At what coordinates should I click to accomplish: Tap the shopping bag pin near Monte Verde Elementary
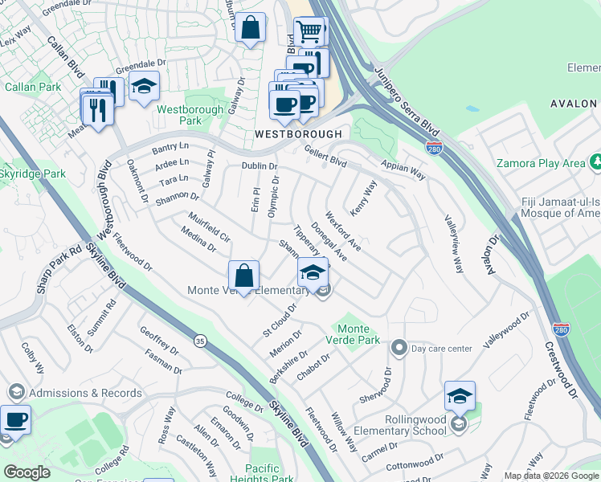tap(243, 276)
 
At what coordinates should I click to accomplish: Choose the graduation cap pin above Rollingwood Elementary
tap(460, 397)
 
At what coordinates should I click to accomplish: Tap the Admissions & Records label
tap(85, 393)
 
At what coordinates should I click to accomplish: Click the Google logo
tap(27, 472)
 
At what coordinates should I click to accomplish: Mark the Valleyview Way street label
tap(454, 244)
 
